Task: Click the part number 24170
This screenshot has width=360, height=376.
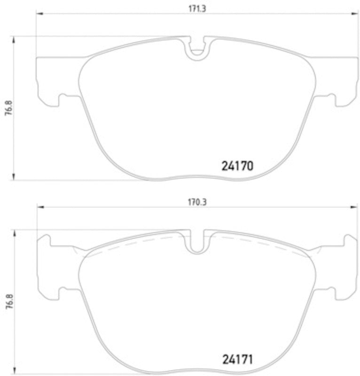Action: [x=237, y=166]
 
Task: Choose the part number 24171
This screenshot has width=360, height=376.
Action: [x=237, y=360]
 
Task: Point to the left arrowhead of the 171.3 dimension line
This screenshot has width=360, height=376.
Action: [x=39, y=14]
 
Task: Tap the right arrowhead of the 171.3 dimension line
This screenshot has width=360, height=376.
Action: [x=356, y=14]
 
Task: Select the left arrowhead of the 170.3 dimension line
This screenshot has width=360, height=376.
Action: [x=40, y=207]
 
